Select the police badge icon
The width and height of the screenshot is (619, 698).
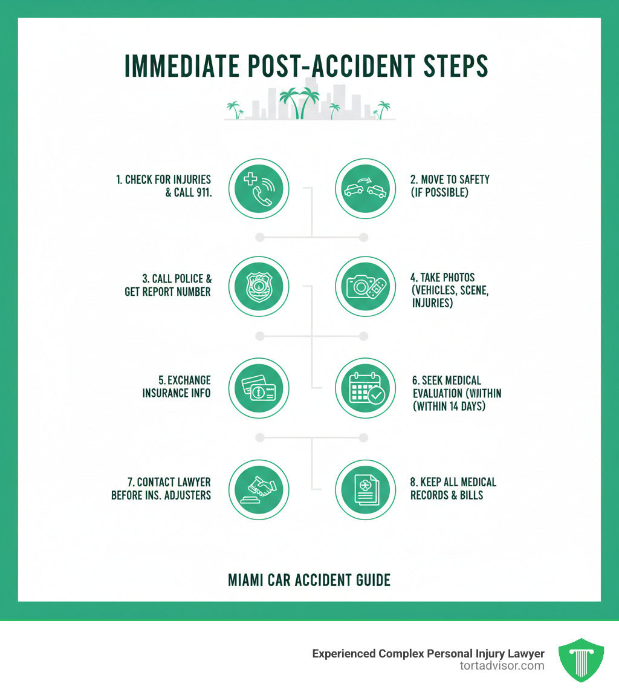tap(259, 287)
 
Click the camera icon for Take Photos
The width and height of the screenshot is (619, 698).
tap(365, 287)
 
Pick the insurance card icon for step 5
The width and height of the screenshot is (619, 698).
tap(259, 388)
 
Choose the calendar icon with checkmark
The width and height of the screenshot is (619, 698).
tap(365, 388)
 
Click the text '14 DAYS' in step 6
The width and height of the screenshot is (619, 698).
tap(467, 406)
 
